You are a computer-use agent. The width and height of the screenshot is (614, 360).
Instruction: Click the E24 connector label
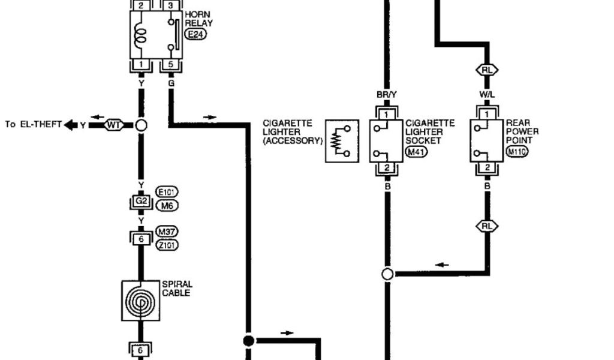[x=196, y=35]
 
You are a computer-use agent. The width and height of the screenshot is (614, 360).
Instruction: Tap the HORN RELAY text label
[x=198, y=19]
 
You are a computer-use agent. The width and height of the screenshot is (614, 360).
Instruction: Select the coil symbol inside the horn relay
[x=142, y=34]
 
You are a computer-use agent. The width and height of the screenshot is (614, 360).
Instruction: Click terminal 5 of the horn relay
[x=171, y=65]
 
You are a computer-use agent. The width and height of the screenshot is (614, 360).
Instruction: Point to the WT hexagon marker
[x=113, y=125]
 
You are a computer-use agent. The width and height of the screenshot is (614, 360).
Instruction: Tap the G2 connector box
[x=141, y=201]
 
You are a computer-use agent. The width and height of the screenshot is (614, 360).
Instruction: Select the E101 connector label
[x=167, y=193]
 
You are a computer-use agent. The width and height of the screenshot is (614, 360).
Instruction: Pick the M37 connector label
[x=167, y=232]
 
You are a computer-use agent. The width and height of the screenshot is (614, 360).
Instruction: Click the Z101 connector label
[x=167, y=245]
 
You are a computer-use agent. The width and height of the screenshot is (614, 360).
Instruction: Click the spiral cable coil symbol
[x=141, y=300]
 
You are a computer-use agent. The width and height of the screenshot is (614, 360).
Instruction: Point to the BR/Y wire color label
[x=387, y=94]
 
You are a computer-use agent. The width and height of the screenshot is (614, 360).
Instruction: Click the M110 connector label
[x=516, y=152]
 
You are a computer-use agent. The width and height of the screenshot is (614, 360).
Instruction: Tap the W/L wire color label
[x=486, y=94]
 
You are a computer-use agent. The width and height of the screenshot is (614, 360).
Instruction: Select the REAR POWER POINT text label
[x=522, y=131]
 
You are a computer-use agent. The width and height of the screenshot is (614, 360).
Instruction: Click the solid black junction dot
[x=248, y=341]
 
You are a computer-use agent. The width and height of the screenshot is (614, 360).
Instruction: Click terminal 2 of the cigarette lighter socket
[x=387, y=167]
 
